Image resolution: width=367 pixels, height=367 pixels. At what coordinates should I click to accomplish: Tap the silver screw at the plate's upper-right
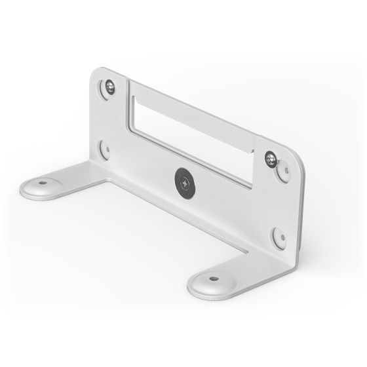pyautogui.click(x=270, y=157)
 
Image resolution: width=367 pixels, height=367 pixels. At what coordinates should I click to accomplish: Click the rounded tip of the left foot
pyautogui.click(x=25, y=190)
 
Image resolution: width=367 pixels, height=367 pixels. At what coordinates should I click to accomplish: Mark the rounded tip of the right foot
pyautogui.click(x=193, y=288)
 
